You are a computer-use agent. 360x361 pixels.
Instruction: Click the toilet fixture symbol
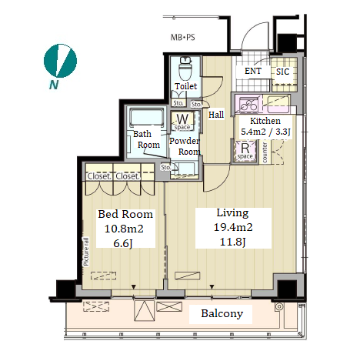185,69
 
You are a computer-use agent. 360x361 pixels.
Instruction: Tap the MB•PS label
183,38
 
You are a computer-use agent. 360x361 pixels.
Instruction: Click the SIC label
282,72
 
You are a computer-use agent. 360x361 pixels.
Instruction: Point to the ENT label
253,71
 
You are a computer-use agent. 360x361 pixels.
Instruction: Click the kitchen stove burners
248,105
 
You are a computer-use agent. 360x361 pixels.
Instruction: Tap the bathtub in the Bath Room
147,117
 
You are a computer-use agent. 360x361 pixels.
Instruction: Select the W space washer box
182,122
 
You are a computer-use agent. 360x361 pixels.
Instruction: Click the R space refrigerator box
245,151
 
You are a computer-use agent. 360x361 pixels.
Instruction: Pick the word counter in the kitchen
265,152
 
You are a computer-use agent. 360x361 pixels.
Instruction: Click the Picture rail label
86,252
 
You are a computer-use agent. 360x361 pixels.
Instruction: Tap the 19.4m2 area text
233,227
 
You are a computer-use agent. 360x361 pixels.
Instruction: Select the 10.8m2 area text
124,229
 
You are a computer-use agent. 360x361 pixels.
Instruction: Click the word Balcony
222,313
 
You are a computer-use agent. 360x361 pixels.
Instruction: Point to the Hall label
216,115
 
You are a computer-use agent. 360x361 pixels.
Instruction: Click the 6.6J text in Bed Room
123,243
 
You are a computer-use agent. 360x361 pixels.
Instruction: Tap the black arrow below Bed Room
134,287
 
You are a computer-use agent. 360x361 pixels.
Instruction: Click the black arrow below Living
212,287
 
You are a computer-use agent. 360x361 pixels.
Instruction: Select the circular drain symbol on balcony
279,306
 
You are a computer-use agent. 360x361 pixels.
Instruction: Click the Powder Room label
185,146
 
